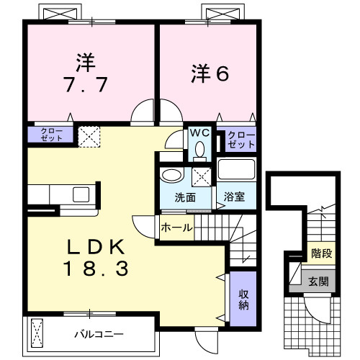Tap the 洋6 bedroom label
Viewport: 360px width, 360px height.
click(210, 73)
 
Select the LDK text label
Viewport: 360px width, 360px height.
click(96, 246)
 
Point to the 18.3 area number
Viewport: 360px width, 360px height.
click(96, 269)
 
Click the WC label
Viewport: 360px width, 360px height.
click(199, 132)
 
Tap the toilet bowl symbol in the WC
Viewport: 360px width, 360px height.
click(199, 149)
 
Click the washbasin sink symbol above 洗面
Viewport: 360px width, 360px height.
click(171, 176)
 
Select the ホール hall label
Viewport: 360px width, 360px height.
click(176, 228)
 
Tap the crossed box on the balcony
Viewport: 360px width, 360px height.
click(39, 333)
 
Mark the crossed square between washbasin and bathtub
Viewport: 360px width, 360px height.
click(202, 176)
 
